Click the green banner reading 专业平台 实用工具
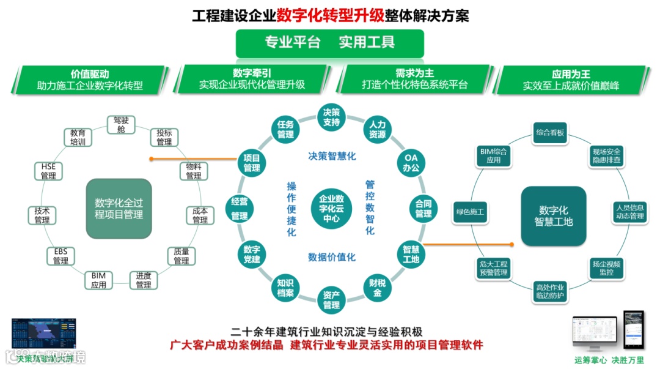[329, 42]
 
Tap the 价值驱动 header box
[90, 80]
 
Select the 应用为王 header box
[571, 80]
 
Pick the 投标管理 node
[164, 138]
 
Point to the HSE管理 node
[48, 171]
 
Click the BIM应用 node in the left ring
[98, 280]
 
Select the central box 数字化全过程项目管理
[119, 208]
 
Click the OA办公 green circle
[411, 163]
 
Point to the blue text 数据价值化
[331, 257]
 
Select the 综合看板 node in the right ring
[550, 133]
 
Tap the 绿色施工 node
[469, 212]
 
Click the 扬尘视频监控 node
[606, 267]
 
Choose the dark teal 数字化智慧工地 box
[553, 215]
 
